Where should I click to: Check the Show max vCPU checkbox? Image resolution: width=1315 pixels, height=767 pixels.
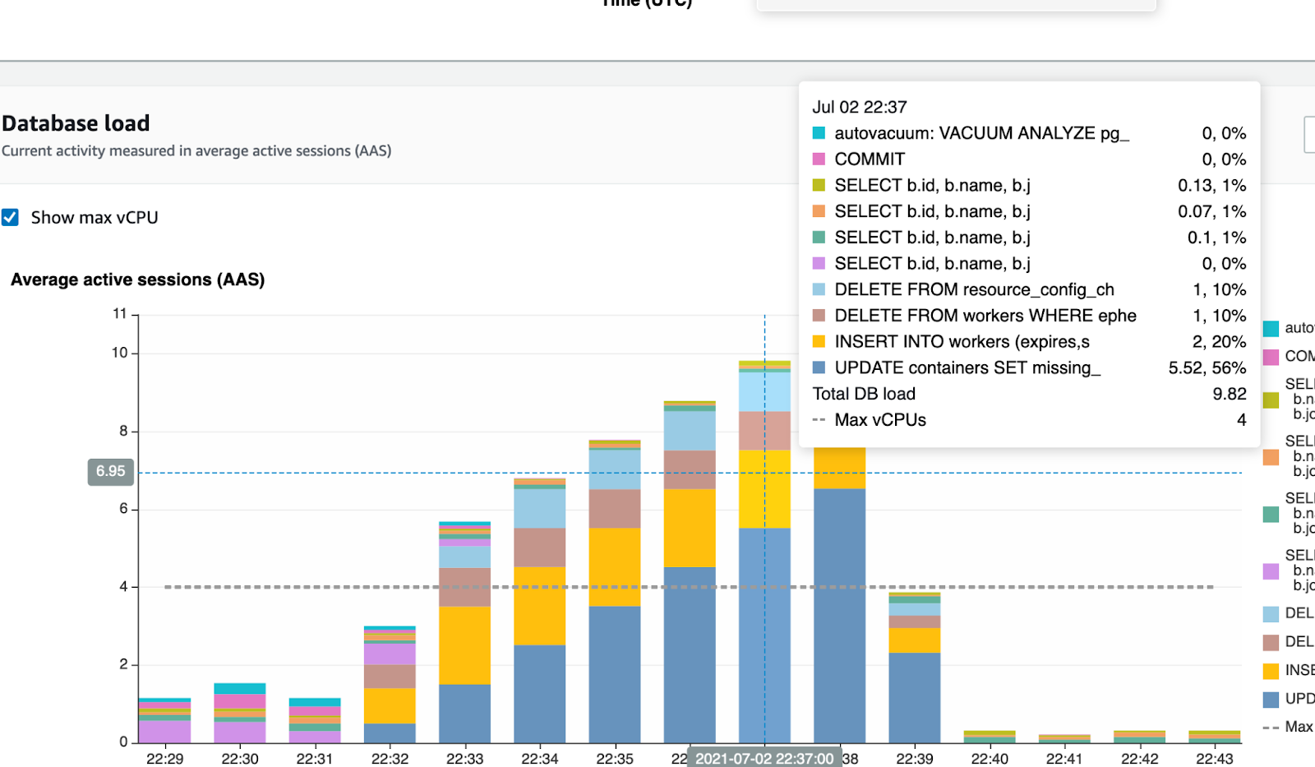tap(10, 217)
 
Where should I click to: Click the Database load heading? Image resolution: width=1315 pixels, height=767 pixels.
tap(76, 123)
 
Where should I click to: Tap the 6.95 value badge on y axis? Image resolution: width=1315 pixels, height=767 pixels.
tap(110, 471)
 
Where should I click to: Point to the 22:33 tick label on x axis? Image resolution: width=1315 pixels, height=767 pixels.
tap(464, 758)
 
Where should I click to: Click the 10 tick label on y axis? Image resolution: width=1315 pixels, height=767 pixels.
tap(120, 353)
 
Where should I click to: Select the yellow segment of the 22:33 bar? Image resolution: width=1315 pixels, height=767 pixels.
tap(464, 645)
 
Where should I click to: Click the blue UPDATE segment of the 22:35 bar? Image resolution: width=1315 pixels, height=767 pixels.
tap(614, 674)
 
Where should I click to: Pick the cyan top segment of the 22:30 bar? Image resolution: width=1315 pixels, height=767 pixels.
tap(239, 688)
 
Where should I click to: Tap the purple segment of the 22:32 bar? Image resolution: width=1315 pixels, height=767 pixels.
tap(390, 654)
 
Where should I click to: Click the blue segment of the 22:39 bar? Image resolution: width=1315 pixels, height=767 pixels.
tap(914, 697)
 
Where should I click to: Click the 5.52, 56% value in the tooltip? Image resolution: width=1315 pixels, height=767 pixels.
tap(1207, 367)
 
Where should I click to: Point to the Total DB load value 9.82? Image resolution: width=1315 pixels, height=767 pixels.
tap(1229, 394)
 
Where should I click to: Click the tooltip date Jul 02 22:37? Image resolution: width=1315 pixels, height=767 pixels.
tap(859, 107)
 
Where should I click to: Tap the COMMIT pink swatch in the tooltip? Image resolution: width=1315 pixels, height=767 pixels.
tap(819, 159)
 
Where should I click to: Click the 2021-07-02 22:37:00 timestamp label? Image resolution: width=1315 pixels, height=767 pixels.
tap(764, 758)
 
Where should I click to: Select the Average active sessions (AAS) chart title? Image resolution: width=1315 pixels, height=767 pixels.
tap(137, 280)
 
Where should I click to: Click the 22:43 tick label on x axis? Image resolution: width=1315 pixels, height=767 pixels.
tap(1214, 758)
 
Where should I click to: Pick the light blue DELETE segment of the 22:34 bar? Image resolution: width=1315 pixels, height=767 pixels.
tap(539, 508)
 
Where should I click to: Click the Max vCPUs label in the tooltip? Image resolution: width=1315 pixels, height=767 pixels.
tap(879, 420)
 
